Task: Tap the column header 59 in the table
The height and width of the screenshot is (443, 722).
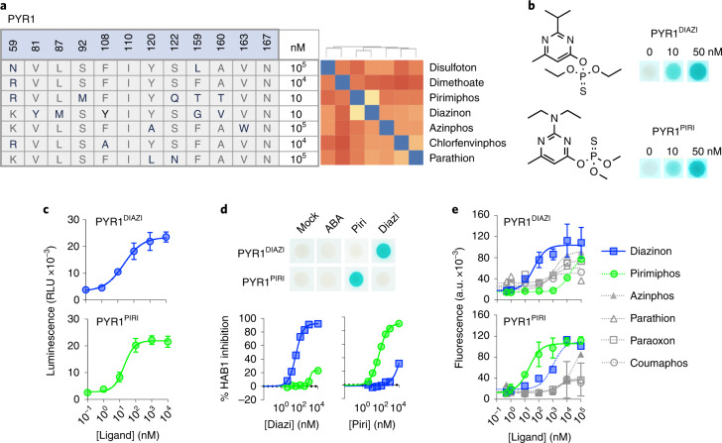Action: coord(16,42)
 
